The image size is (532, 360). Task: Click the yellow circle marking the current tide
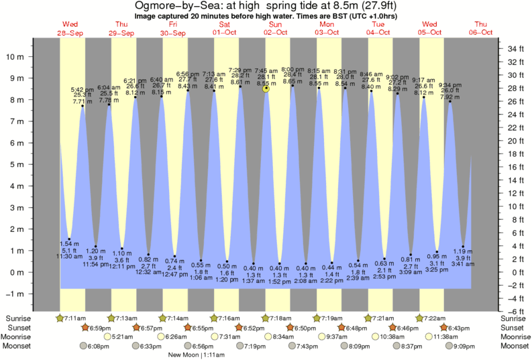(266, 88)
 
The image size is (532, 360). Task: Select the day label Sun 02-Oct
(276, 28)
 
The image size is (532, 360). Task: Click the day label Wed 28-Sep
(70, 28)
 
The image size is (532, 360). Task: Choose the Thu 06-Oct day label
(480, 28)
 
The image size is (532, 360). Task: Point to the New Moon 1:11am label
(197, 355)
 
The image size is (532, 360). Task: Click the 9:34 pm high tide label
(449, 85)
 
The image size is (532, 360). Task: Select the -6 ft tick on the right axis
(511, 312)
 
